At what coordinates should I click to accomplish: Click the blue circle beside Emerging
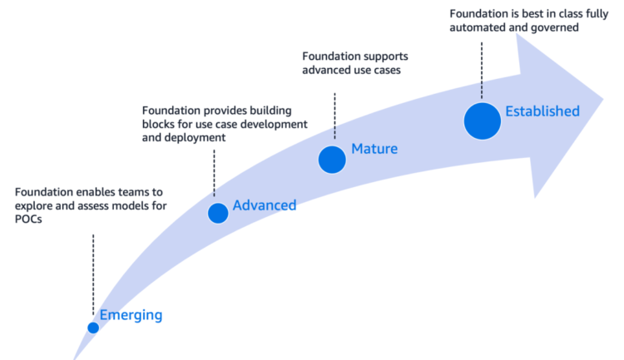pos(93,328)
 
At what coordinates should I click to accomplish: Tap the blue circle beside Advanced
pos(218,213)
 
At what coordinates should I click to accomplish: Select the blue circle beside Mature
pos(332,159)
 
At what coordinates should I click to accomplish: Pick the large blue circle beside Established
pos(483,121)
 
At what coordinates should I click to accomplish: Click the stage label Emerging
pos(131,315)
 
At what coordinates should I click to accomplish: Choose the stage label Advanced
pos(264,205)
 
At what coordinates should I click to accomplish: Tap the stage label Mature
pos(374,150)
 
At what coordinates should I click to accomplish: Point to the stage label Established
pos(542,111)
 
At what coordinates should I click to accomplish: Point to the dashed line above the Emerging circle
pos(93,274)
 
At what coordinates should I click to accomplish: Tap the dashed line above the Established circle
pos(483,67)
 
